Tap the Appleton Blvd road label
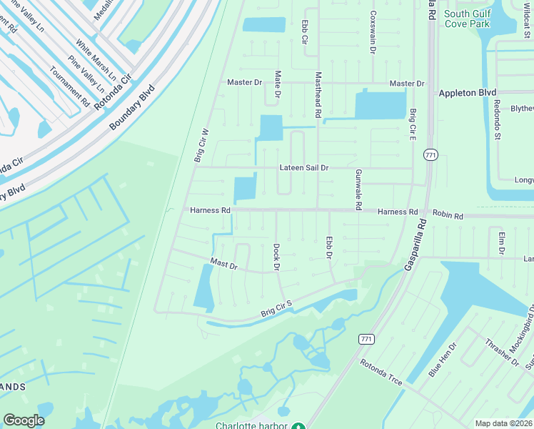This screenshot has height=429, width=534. (467, 93)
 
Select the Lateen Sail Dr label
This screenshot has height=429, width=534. (304, 168)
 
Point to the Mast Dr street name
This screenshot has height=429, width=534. (223, 265)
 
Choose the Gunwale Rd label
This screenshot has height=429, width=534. (357, 189)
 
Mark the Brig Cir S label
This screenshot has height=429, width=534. (277, 310)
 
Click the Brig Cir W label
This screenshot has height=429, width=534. (201, 146)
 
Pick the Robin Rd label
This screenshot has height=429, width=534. (448, 215)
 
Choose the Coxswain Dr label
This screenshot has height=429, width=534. (373, 25)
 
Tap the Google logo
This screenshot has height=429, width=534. (24, 420)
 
